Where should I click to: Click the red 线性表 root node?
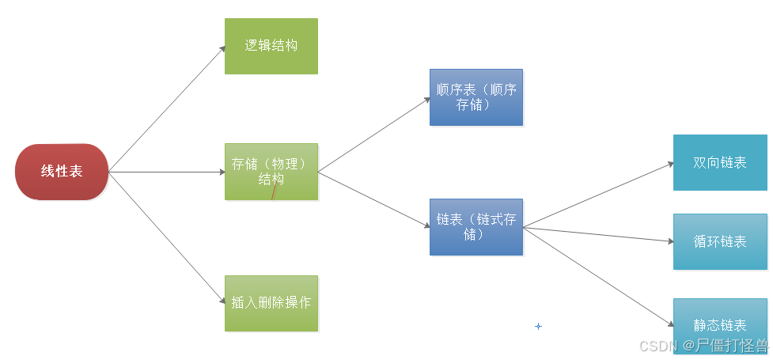pyautogui.click(x=62, y=172)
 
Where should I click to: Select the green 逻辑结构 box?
pyautogui.click(x=271, y=46)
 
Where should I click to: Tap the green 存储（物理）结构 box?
pyautogui.click(x=271, y=171)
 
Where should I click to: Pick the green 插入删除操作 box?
pyautogui.click(x=271, y=303)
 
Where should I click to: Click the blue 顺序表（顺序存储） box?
pyautogui.click(x=476, y=97)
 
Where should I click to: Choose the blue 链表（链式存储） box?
pyautogui.click(x=476, y=226)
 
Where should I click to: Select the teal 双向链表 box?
pyautogui.click(x=720, y=162)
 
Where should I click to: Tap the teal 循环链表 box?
pyautogui.click(x=720, y=241)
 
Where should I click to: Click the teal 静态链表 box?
pyautogui.click(x=720, y=324)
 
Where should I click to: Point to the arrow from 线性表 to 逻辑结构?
pyautogui.click(x=167, y=108)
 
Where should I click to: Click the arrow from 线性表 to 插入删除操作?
pyautogui.click(x=167, y=237)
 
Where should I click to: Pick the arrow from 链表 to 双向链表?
pyautogui.click(x=597, y=196)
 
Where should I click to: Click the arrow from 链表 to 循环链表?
pyautogui.click(x=597, y=234)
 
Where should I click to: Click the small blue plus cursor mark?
pyautogui.click(x=538, y=326)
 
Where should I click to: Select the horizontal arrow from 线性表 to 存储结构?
pyautogui.click(x=167, y=172)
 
